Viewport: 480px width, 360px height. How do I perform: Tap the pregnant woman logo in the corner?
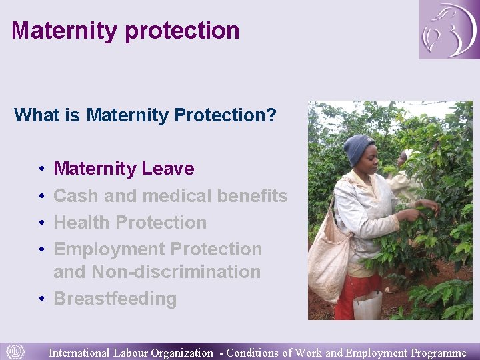[449, 29]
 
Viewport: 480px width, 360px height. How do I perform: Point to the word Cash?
[75, 196]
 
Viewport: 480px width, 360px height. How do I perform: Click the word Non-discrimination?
[176, 272]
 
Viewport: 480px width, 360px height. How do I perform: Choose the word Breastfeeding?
[115, 299]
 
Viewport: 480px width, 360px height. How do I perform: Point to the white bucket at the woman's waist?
[367, 305]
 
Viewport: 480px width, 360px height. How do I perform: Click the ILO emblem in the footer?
[15, 351]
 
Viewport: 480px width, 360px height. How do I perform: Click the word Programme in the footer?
[439, 353]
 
